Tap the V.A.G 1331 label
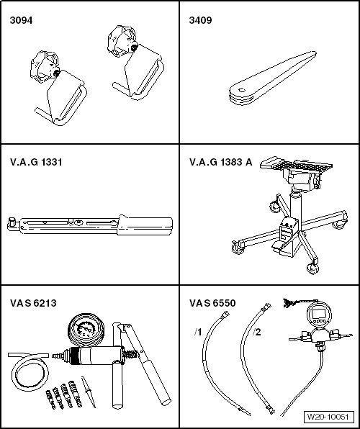pos(36,162)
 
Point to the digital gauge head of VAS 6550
pos(318,317)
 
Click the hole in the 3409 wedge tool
pos(243,89)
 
